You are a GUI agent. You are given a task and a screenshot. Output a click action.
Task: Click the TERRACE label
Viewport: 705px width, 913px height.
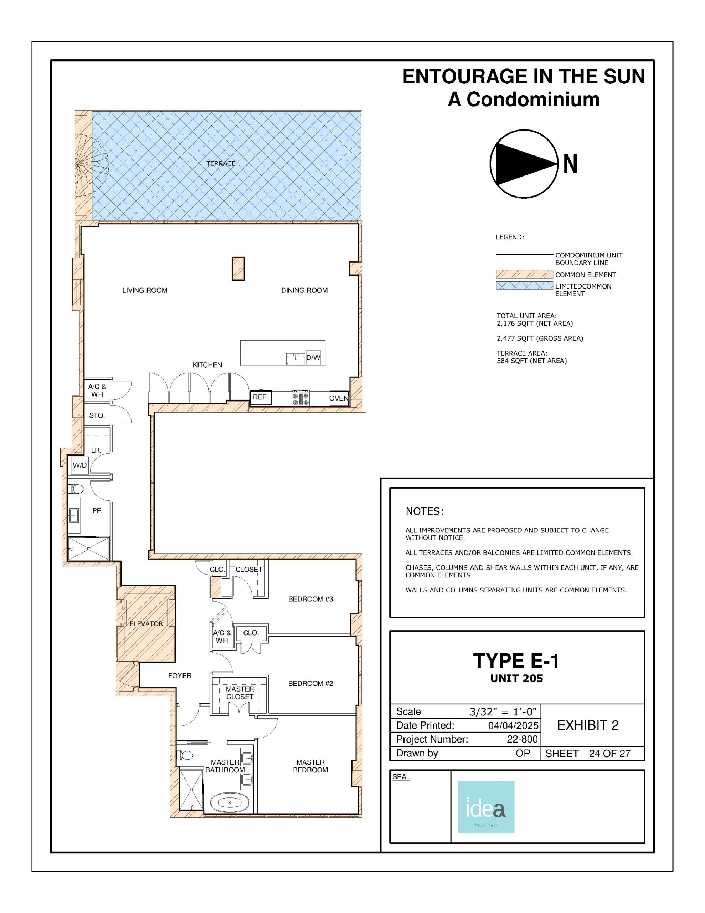click(221, 163)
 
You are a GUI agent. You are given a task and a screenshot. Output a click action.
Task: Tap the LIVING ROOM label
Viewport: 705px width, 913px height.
click(145, 290)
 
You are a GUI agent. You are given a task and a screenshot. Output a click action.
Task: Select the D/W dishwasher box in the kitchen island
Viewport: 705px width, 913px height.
click(313, 358)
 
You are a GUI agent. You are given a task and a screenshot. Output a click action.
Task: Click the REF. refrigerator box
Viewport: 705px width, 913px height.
click(261, 398)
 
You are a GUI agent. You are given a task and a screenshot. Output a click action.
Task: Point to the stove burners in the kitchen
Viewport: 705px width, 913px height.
click(300, 398)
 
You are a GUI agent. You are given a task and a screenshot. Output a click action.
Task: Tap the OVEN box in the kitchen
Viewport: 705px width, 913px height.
click(339, 398)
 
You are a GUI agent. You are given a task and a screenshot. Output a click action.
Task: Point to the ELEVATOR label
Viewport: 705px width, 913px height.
click(146, 624)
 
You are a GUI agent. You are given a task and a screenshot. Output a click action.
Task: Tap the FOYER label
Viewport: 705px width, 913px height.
click(180, 675)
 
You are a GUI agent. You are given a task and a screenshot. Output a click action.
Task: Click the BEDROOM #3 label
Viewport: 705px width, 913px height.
click(310, 599)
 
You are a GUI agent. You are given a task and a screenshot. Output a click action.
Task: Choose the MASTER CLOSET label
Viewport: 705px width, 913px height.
click(240, 693)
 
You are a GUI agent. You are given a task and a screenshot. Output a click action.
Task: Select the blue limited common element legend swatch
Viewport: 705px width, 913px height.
click(524, 286)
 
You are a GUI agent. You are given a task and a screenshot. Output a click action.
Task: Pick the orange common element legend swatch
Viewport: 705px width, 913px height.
click(524, 274)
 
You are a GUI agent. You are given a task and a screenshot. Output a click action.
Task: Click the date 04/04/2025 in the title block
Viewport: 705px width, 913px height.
click(513, 725)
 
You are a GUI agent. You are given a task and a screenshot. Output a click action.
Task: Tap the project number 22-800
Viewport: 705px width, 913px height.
click(522, 739)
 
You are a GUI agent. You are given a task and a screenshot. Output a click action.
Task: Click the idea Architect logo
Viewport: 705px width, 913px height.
click(485, 807)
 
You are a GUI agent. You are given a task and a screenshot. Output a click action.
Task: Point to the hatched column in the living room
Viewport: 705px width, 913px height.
click(238, 269)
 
